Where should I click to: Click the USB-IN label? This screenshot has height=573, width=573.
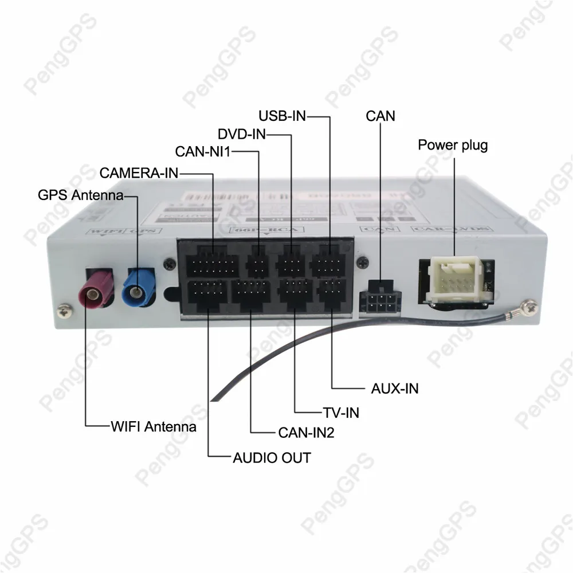282,116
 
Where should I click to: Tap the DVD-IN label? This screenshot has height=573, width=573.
242,135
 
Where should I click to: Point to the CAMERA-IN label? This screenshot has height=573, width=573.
139,172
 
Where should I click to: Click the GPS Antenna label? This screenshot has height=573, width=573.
80,195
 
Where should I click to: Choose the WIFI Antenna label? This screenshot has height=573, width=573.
152,426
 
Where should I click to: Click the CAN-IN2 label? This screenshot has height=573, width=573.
306,432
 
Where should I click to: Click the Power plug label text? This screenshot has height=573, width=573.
453,145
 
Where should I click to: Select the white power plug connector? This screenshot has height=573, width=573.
454,278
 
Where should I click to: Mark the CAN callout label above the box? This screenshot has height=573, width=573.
380,116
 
